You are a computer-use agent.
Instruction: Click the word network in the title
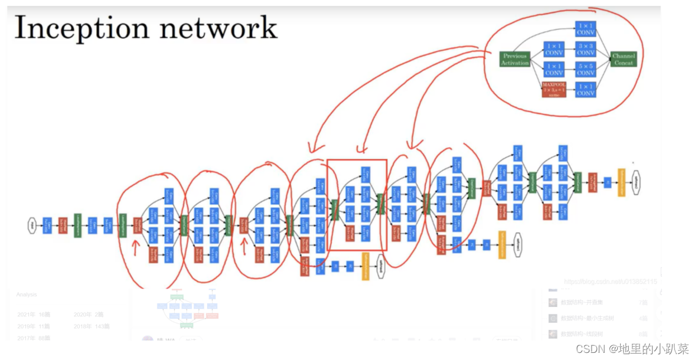point(226,29)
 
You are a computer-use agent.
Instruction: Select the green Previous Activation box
point(515,59)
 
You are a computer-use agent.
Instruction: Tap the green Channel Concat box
point(623,59)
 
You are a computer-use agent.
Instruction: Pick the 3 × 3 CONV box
point(585,49)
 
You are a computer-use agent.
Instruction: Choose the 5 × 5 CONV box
point(585,69)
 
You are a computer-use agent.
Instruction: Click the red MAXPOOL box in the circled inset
point(554,90)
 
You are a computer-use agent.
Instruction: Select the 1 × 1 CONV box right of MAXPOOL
point(585,90)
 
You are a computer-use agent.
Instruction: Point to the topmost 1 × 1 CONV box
point(585,28)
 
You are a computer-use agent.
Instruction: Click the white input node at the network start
point(32,225)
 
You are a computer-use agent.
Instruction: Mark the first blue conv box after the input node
point(47,225)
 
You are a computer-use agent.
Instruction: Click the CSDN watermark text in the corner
point(632,349)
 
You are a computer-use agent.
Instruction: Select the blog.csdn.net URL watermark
point(610,282)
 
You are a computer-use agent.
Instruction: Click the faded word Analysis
point(27,294)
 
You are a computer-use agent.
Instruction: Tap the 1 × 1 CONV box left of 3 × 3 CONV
point(554,49)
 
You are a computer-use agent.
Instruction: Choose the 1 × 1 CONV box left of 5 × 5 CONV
point(554,69)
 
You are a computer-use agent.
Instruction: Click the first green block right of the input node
point(77,225)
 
